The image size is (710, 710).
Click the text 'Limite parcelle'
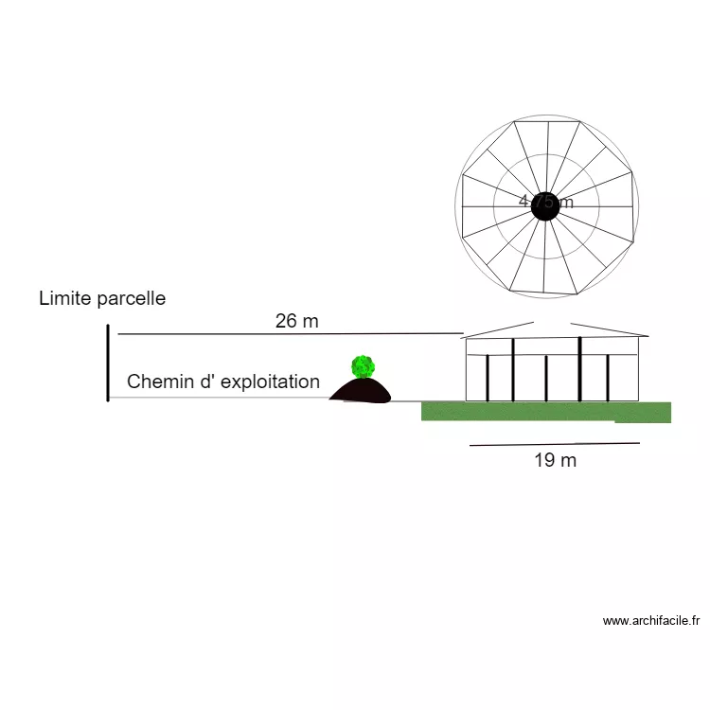pos(102,298)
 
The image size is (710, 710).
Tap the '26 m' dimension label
pos(297,321)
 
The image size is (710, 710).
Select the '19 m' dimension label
pos(555,461)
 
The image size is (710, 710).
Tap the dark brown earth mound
pos(361,392)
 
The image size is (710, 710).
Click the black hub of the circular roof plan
pos(544,205)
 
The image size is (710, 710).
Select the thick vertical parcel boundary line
pos(108,363)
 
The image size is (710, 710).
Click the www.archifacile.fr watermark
pos(650,621)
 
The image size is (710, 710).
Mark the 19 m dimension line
pos(555,444)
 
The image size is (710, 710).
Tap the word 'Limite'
pos(65,298)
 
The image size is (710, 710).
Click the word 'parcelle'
pos(131,298)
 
